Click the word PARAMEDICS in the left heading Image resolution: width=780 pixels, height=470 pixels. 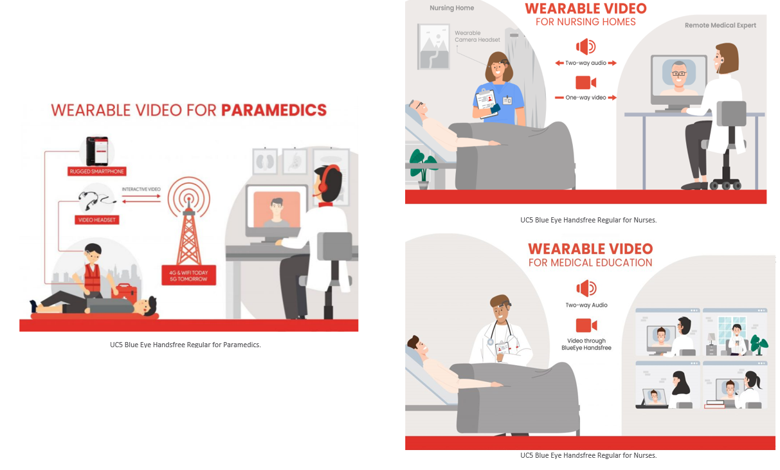click(x=274, y=110)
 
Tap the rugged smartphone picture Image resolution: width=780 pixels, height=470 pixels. click(x=97, y=151)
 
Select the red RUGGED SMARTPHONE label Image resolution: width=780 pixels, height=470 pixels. click(x=97, y=171)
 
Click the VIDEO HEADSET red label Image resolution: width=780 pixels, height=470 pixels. click(x=97, y=220)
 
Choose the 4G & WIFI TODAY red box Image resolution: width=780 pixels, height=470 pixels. click(x=189, y=275)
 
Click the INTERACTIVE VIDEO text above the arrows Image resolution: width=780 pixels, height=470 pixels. click(x=141, y=189)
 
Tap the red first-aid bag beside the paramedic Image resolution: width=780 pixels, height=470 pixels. click(x=124, y=293)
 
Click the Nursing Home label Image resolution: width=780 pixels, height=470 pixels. click(x=451, y=8)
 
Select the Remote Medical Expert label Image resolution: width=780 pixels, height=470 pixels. click(x=720, y=25)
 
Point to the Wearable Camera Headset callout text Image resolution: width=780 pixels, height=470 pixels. click(x=477, y=36)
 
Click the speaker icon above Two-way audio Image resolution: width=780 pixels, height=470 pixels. click(x=586, y=46)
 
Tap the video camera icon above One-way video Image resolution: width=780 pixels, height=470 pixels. click(x=586, y=82)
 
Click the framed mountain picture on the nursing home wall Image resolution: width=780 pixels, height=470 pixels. click(x=433, y=46)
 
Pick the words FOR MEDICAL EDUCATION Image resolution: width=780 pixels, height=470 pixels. click(x=590, y=262)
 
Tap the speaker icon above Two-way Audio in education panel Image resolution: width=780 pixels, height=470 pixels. click(x=586, y=288)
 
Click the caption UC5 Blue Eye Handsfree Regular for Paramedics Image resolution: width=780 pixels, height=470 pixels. click(x=185, y=345)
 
